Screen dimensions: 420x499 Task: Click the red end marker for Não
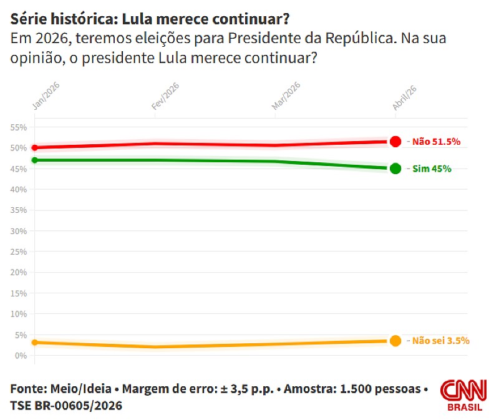click(x=395, y=142)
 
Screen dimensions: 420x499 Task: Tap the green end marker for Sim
click(x=395, y=168)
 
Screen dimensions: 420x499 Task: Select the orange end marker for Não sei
click(x=395, y=341)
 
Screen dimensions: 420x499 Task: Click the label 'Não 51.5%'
click(x=437, y=142)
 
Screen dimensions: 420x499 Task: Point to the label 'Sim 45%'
click(x=432, y=168)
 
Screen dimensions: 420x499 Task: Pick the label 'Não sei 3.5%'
click(x=441, y=341)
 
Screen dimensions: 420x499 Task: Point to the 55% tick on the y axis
click(x=19, y=127)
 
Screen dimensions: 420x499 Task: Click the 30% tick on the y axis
click(x=19, y=231)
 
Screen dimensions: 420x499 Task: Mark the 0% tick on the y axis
click(x=21, y=356)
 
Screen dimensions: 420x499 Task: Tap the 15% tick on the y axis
click(x=19, y=293)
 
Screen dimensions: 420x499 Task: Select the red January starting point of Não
click(x=35, y=148)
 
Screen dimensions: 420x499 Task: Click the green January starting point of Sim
click(x=35, y=160)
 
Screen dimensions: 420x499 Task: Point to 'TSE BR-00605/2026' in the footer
click(x=66, y=406)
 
